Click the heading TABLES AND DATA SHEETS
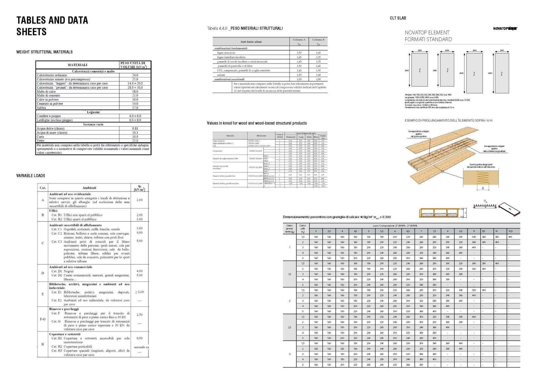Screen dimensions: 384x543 pos(52,26)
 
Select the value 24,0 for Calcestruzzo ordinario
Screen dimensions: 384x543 pos(135,75)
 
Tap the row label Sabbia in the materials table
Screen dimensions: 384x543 pos(41,108)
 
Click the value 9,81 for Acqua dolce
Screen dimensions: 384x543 pos(135,128)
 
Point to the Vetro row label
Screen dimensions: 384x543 pos(40,141)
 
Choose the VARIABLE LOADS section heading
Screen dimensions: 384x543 pos(31,176)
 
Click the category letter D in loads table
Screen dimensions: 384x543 pos(43,273)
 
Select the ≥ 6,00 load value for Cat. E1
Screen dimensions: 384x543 pos(139,292)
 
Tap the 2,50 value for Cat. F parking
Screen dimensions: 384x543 pos(139,315)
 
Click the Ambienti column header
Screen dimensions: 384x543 pos(89,188)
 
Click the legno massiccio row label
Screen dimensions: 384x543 pos(226,53)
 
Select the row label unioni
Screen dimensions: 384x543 pos(221,75)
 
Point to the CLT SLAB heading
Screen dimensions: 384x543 pos(398,18)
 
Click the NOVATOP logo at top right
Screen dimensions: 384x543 pos(505,29)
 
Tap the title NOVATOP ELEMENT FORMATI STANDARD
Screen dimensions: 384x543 pos(428,36)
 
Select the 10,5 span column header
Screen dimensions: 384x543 pos(510,231)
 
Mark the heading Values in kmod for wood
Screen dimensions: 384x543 pos(257,123)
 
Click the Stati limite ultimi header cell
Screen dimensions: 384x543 pos(251,42)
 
